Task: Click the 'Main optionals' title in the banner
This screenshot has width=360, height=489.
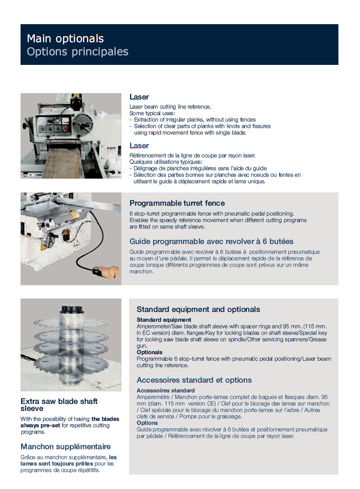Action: coord(65,39)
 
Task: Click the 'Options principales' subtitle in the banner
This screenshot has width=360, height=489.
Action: coord(78,51)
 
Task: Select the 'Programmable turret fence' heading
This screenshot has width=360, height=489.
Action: coord(177,203)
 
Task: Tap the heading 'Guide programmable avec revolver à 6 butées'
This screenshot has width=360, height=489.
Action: coord(211,241)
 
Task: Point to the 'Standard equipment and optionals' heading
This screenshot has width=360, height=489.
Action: coord(198,309)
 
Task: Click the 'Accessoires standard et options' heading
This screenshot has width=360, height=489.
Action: coord(194,380)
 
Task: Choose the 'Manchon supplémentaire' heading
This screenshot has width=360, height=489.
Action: coord(65,446)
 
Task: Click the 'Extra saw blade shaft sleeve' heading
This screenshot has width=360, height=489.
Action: coord(59,405)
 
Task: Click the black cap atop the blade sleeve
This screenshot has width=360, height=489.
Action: coord(71,310)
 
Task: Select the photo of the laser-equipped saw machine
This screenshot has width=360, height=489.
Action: coord(71,136)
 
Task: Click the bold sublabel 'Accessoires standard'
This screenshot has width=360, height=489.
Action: coord(166,391)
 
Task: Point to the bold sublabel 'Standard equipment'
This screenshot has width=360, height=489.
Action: coord(164,320)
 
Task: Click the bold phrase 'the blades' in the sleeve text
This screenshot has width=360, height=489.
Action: coord(105,419)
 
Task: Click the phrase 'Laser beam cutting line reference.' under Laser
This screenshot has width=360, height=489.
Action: coord(170,107)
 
